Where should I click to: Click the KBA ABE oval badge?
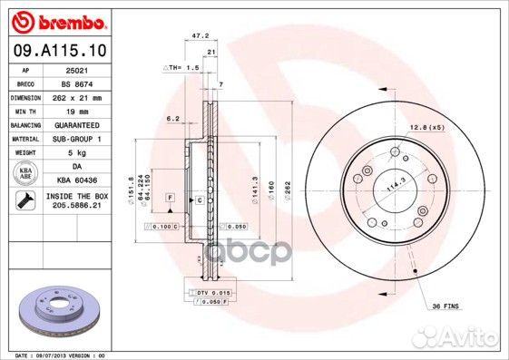pyautogui.click(x=26, y=173)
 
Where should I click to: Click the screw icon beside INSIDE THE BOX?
pyautogui.click(x=25, y=200)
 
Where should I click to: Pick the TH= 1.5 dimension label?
pyautogui.click(x=182, y=67)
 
